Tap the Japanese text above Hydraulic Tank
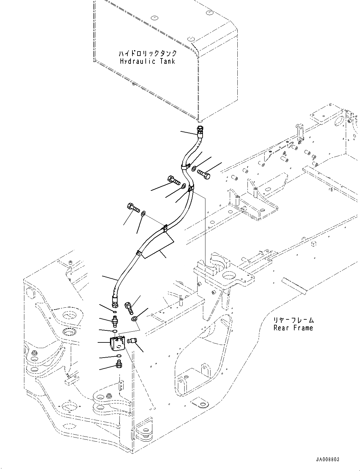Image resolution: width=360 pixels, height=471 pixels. coord(148,53)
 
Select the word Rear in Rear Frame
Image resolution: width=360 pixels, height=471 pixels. coord(280,328)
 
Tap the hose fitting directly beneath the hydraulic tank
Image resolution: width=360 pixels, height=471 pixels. coord(199,129)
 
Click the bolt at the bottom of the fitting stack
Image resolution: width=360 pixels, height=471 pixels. coord(119,365)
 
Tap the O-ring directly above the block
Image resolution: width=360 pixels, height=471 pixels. coord(115,331)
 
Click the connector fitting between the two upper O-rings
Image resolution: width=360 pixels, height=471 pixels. coord(114,322)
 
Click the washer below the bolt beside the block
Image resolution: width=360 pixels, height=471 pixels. coord(135,319)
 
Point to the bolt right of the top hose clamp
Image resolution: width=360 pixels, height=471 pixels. coord(204,174)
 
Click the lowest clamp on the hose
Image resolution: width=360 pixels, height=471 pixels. coord(138,253)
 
